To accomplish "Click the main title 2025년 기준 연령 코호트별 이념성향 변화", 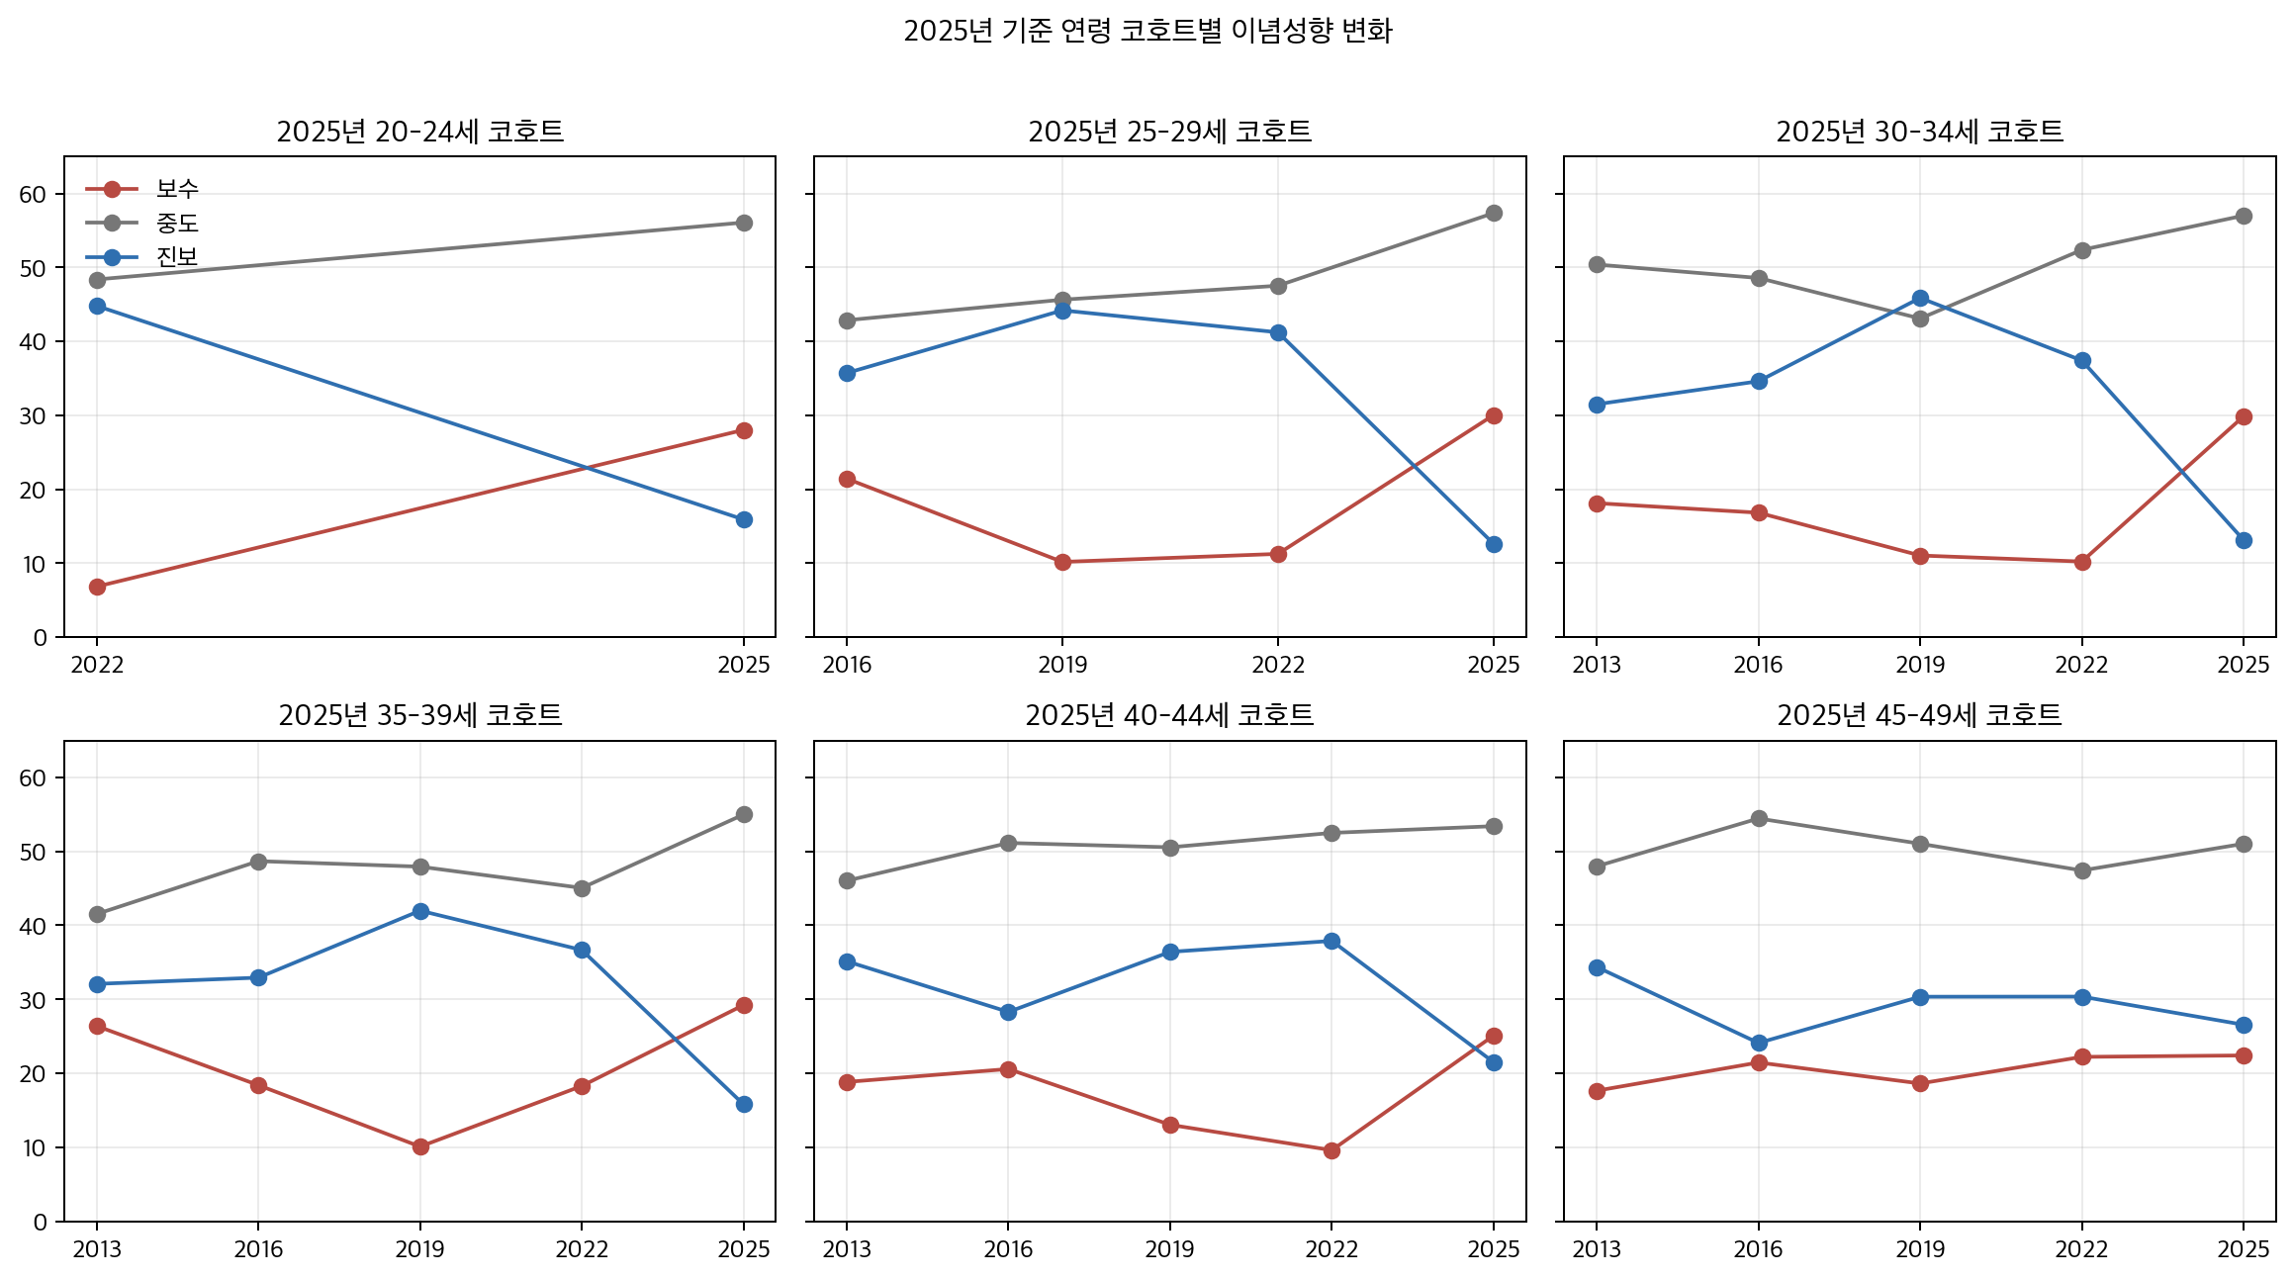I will (1147, 31).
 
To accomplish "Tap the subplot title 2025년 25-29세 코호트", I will (1169, 132).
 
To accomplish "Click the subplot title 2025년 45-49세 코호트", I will (1919, 715).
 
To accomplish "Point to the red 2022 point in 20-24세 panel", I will (97, 587).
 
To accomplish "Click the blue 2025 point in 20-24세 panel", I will (744, 519).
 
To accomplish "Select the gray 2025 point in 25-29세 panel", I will (1494, 214).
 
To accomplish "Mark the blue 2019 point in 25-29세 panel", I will (1062, 311).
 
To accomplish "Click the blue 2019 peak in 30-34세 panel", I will (1920, 298).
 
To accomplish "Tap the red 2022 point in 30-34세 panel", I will (2082, 562).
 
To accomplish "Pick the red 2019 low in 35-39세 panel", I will (420, 1146).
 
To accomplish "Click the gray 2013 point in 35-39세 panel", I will (97, 914).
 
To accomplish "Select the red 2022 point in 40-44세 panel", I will (1331, 1150).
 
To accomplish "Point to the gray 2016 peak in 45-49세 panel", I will (1759, 818).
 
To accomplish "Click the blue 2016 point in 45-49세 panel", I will (1759, 1043).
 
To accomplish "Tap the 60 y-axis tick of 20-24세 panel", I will (34, 194).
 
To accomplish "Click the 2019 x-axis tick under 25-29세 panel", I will (1062, 665).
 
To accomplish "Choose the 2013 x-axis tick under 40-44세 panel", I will (847, 1249).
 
